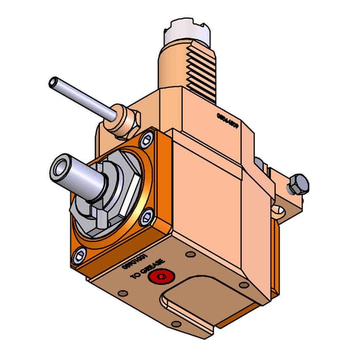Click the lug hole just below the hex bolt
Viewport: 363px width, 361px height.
(x=278, y=213)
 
